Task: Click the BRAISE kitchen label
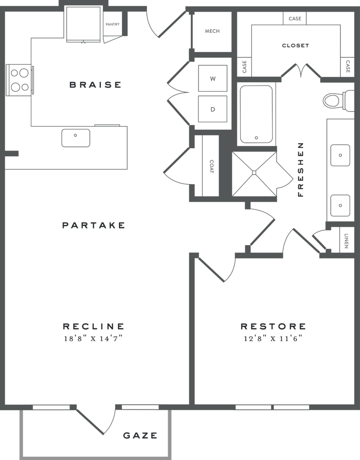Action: pos(95,84)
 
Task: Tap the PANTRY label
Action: pos(112,24)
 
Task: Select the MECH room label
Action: pos(212,31)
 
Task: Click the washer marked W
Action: pos(213,79)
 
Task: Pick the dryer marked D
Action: pos(213,109)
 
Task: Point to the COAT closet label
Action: pos(211,166)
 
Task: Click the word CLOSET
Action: pos(295,45)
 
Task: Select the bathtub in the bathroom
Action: pos(256,115)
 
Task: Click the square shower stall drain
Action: pos(254,172)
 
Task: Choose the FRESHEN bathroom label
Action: pos(301,169)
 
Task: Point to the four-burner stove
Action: pos(19,80)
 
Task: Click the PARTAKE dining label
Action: pos(93,225)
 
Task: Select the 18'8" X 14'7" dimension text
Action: pos(93,339)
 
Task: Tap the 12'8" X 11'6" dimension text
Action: pos(273,339)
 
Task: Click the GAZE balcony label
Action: pos(140,435)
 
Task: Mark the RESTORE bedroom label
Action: pos(273,327)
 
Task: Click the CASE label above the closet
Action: pos(295,19)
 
